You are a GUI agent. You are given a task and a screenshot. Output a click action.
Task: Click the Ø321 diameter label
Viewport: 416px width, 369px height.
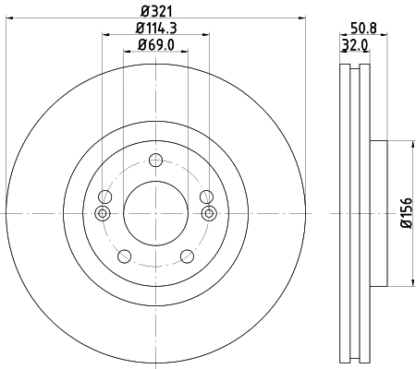tap(155, 11)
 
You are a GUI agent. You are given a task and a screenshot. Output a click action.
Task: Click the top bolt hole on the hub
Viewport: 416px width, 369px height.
tap(155, 163)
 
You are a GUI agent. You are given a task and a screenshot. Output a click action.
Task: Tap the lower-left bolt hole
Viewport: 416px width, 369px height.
tap(123, 255)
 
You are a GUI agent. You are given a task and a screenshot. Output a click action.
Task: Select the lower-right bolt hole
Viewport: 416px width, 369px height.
tap(188, 255)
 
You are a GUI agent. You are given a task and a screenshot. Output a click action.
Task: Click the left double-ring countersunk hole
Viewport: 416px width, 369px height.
tap(104, 214)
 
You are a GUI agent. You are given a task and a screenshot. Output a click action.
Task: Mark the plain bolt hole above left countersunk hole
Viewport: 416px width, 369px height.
tap(104, 196)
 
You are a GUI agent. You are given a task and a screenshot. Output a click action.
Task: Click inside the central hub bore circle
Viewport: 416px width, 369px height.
tap(155, 214)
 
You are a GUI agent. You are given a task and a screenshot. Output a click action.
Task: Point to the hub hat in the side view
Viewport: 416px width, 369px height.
tap(379, 214)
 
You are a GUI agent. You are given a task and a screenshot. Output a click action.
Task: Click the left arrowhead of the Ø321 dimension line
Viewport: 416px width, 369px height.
tap(10, 19)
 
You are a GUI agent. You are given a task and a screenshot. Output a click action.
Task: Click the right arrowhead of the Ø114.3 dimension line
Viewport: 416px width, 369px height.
tap(207, 36)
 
